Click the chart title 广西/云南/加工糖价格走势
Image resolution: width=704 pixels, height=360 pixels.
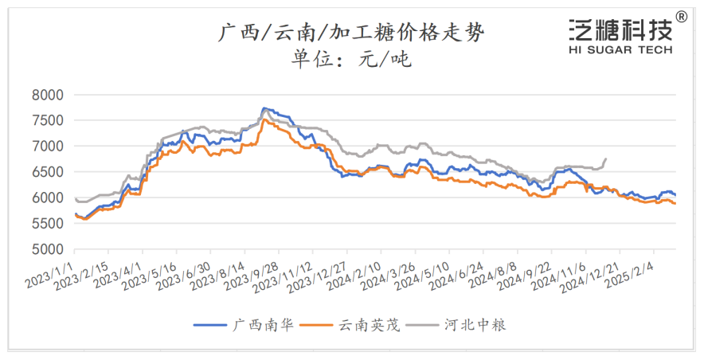[x=351, y=33]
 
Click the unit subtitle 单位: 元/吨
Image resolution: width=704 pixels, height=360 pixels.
[x=351, y=58]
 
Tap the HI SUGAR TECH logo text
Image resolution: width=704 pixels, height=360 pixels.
[x=620, y=49]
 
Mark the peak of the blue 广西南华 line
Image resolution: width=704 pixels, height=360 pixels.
[x=264, y=108]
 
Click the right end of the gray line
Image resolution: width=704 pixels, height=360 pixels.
[x=606, y=158]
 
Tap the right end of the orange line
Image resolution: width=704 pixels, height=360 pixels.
[x=675, y=204]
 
